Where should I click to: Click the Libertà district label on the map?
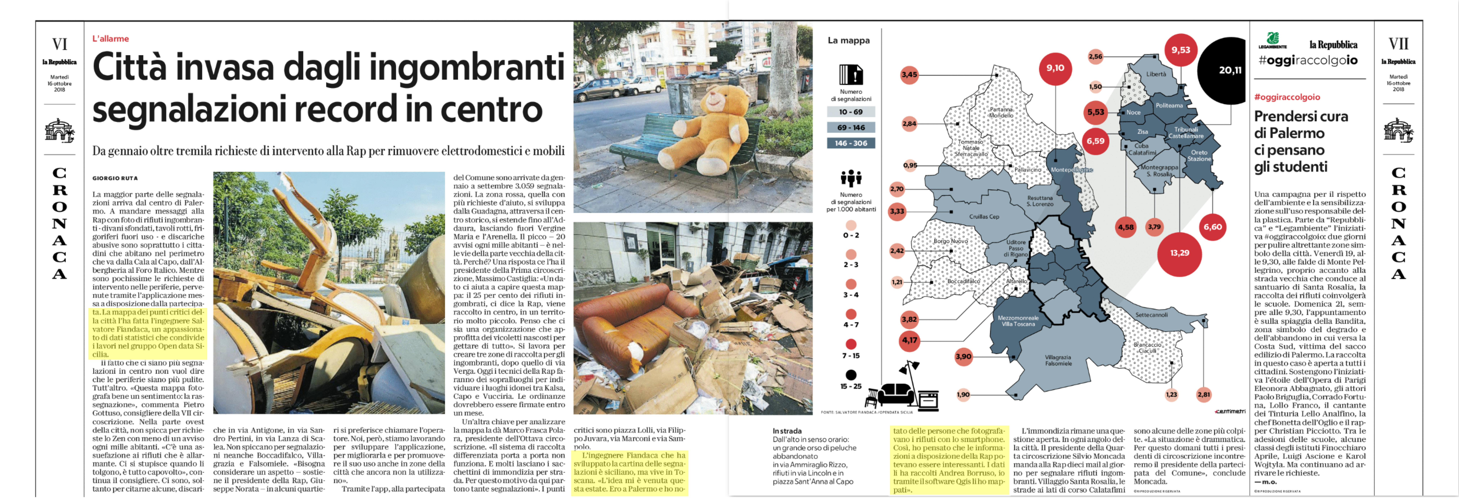tap(1156, 74)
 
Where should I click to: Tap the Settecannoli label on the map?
tap(1151, 315)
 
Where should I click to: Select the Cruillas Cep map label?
tap(984, 216)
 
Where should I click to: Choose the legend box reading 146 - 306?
tap(851, 143)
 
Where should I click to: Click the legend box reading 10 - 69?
tap(851, 112)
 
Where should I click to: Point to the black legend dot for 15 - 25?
tap(851, 375)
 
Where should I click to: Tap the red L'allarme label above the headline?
tap(110, 38)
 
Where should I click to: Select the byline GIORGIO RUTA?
tap(115, 178)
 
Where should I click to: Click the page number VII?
tap(1398, 44)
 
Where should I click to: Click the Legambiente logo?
tap(1272, 41)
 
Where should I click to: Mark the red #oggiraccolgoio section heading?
tap(1287, 97)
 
